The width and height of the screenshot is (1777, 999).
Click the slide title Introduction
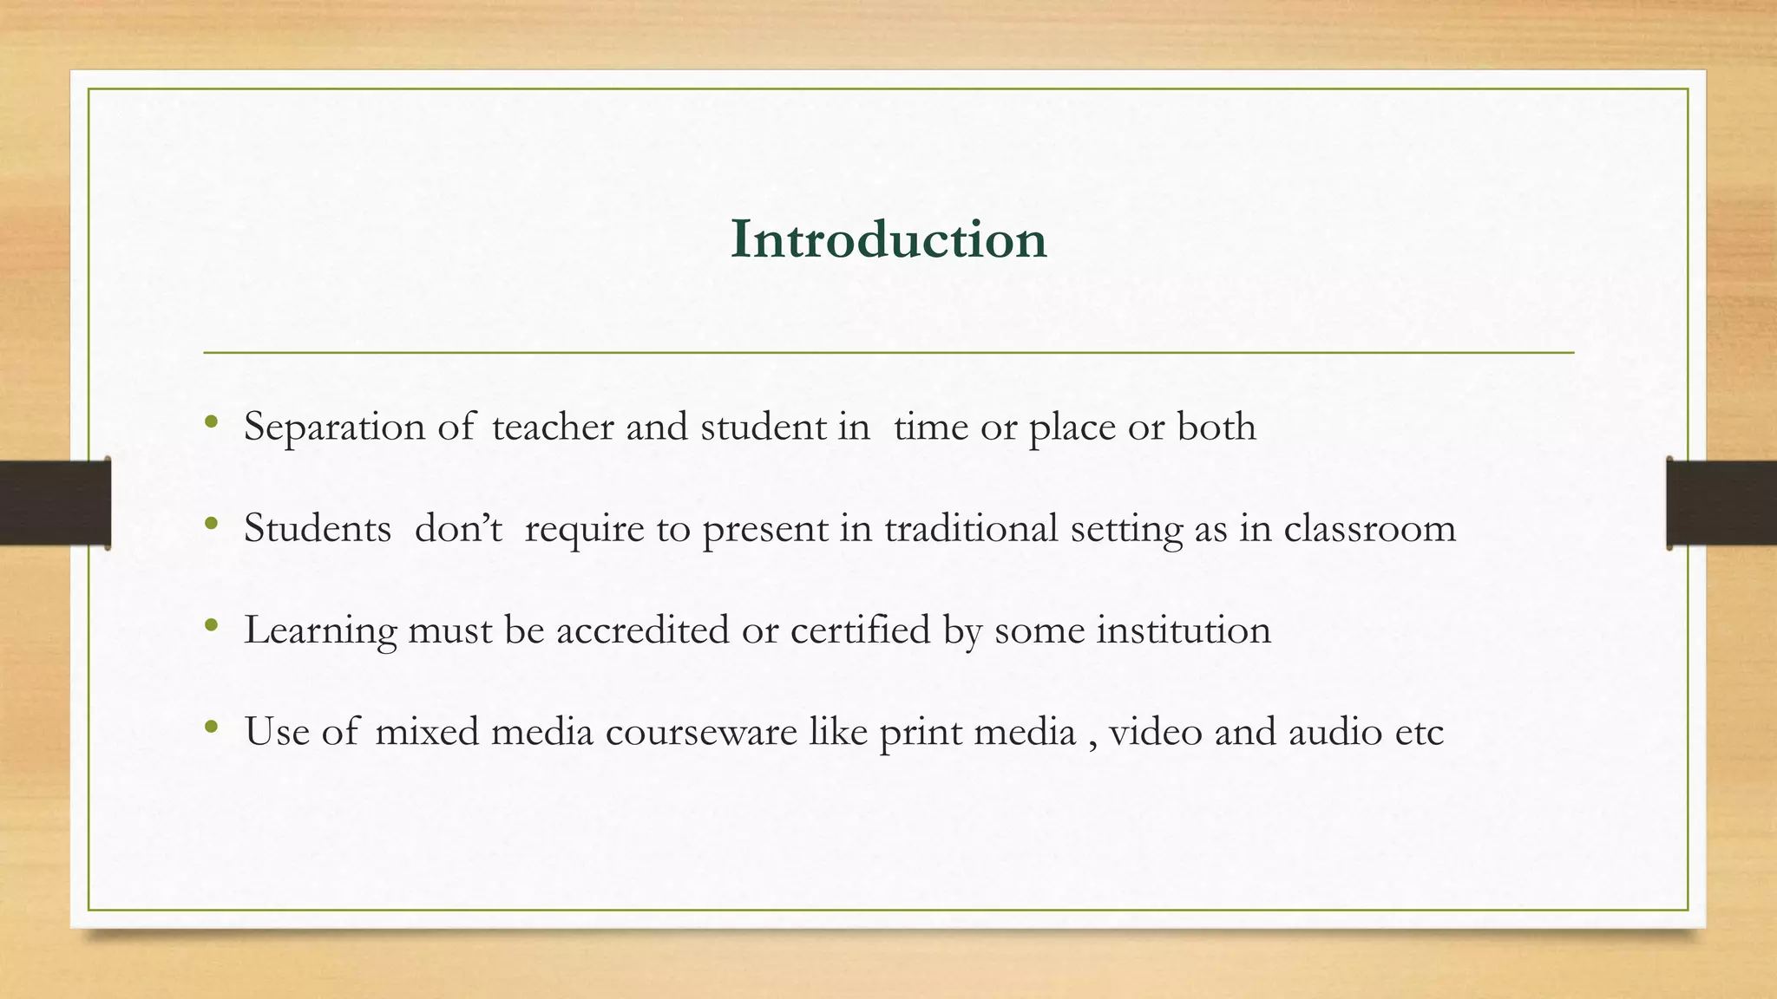pos(888,239)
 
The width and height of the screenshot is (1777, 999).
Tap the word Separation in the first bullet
pos(334,428)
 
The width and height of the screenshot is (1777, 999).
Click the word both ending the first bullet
pos(1216,427)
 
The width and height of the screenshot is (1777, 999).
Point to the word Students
pos(318,528)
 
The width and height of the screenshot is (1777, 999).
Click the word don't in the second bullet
pos(458,528)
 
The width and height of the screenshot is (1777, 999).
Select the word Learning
pos(320,630)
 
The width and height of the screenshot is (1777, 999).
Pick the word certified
pos(860,630)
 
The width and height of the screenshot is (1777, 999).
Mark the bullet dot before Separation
pos(211,422)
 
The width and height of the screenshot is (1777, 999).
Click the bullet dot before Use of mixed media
pos(211,728)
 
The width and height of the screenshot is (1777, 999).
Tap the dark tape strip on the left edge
pos(55,503)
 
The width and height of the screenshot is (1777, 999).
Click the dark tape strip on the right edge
pos(1721,503)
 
